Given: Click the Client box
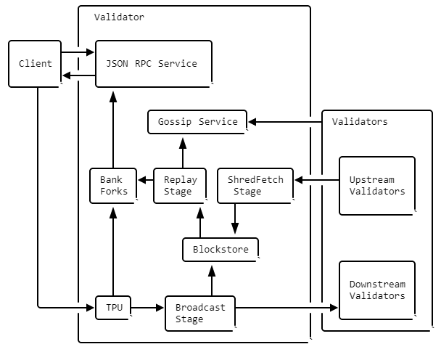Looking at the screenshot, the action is click(35, 64).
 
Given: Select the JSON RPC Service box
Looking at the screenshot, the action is click(154, 64).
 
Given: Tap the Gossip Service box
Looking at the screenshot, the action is click(197, 122).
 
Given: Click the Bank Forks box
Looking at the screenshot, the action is click(113, 186).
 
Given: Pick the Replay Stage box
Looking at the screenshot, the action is click(180, 186).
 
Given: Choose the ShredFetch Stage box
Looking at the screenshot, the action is click(255, 186).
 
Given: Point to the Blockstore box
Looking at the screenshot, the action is click(220, 250).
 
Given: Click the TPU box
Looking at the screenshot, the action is click(113, 308).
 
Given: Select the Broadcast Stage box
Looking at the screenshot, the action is click(200, 314).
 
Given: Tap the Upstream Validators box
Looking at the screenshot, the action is click(377, 186).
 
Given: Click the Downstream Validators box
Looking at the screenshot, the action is click(377, 290).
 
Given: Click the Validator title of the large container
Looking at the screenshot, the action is click(119, 17).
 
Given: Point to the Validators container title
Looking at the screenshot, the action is click(360, 122).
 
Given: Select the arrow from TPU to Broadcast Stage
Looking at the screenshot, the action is click(147, 308).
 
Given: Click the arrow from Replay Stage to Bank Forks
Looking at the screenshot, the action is click(146, 180).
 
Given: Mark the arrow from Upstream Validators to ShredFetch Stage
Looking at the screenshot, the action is click(317, 180).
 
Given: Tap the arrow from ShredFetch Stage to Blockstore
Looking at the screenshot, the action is click(235, 218).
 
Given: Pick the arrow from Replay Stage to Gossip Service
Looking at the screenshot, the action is click(183, 153).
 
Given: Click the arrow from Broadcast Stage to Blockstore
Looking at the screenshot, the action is click(212, 281).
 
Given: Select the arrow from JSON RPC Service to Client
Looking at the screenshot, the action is click(79, 75).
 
